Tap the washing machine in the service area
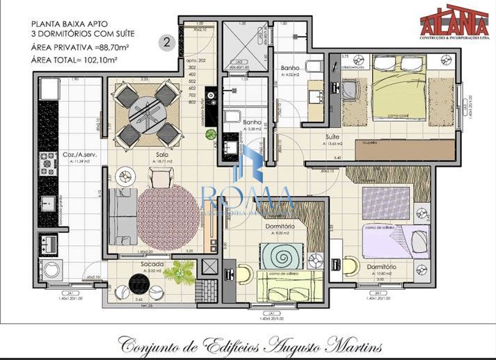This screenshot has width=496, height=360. pyautogui.click(x=50, y=268)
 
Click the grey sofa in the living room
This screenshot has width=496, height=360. pyautogui.click(x=122, y=211)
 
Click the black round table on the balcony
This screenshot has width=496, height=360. pyautogui.click(x=134, y=285)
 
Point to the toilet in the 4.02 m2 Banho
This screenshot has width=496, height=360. pyautogui.click(x=312, y=67)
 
